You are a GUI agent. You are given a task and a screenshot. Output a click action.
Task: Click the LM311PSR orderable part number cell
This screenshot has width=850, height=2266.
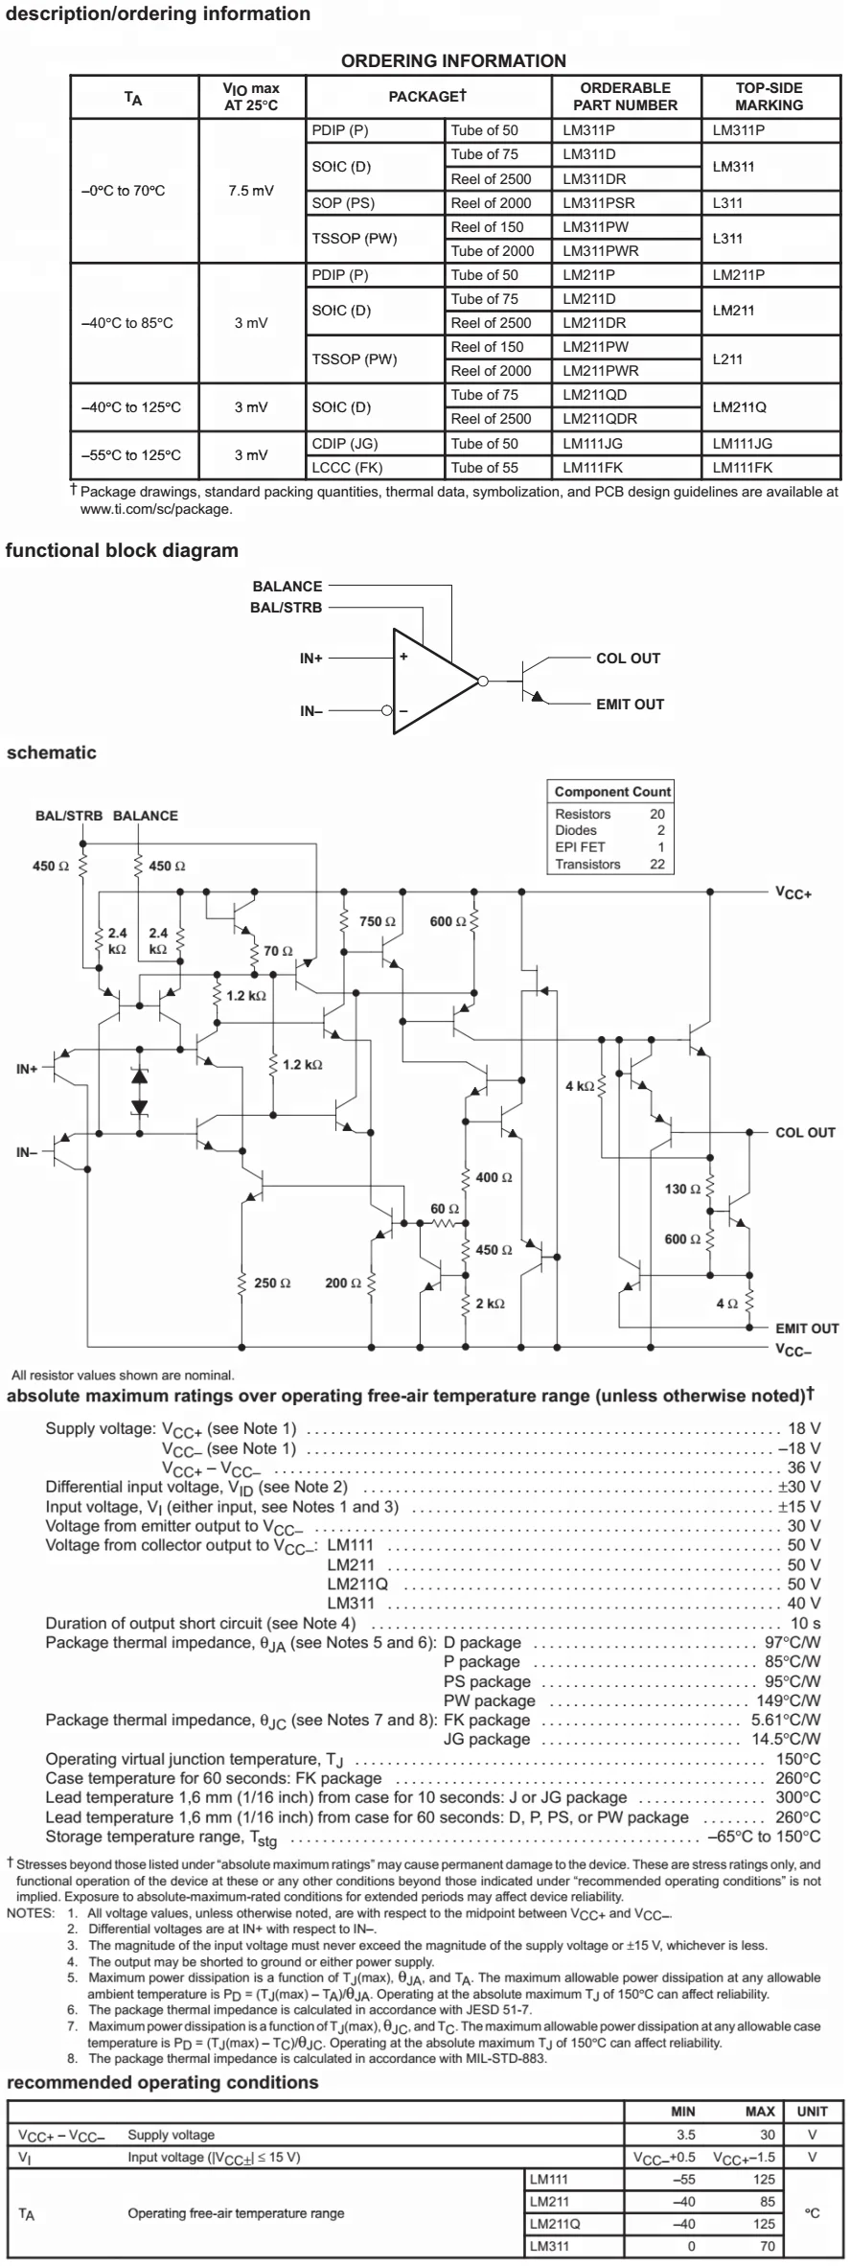click(x=598, y=203)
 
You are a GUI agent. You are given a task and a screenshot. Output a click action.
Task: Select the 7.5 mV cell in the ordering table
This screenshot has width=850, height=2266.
click(x=251, y=191)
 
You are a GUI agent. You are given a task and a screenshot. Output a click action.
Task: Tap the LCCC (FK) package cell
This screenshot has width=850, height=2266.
click(x=347, y=468)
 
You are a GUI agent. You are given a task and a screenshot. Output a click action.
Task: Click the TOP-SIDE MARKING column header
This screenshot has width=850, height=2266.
click(x=769, y=96)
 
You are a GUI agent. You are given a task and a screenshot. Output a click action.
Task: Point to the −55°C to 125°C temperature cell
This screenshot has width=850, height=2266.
click(x=130, y=455)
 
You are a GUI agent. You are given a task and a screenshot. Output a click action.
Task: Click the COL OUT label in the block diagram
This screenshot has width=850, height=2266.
click(x=628, y=659)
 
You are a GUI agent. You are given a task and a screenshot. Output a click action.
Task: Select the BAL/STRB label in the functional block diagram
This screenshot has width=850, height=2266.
click(x=286, y=608)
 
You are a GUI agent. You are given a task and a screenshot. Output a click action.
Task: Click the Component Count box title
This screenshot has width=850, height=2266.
click(x=612, y=792)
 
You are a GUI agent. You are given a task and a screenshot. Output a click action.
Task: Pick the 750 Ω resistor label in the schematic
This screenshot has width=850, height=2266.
click(x=377, y=921)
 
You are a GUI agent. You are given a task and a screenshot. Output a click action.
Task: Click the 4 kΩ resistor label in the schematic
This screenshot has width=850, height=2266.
click(x=580, y=1086)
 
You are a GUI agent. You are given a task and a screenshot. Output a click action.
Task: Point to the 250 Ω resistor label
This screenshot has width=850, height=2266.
click(x=272, y=1283)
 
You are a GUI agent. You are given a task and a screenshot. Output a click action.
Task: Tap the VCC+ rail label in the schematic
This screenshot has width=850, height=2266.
click(x=793, y=893)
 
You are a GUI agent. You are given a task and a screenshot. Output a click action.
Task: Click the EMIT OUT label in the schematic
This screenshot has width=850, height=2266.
click(x=806, y=1329)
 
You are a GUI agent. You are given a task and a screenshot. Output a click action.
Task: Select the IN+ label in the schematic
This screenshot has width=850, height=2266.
click(x=27, y=1069)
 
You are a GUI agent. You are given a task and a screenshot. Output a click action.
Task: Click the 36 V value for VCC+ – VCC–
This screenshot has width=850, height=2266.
click(x=803, y=1468)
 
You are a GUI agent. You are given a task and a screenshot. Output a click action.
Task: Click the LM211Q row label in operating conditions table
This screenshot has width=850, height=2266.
click(x=554, y=2224)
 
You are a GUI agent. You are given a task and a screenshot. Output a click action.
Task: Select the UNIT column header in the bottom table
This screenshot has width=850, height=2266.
click(x=812, y=2112)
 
